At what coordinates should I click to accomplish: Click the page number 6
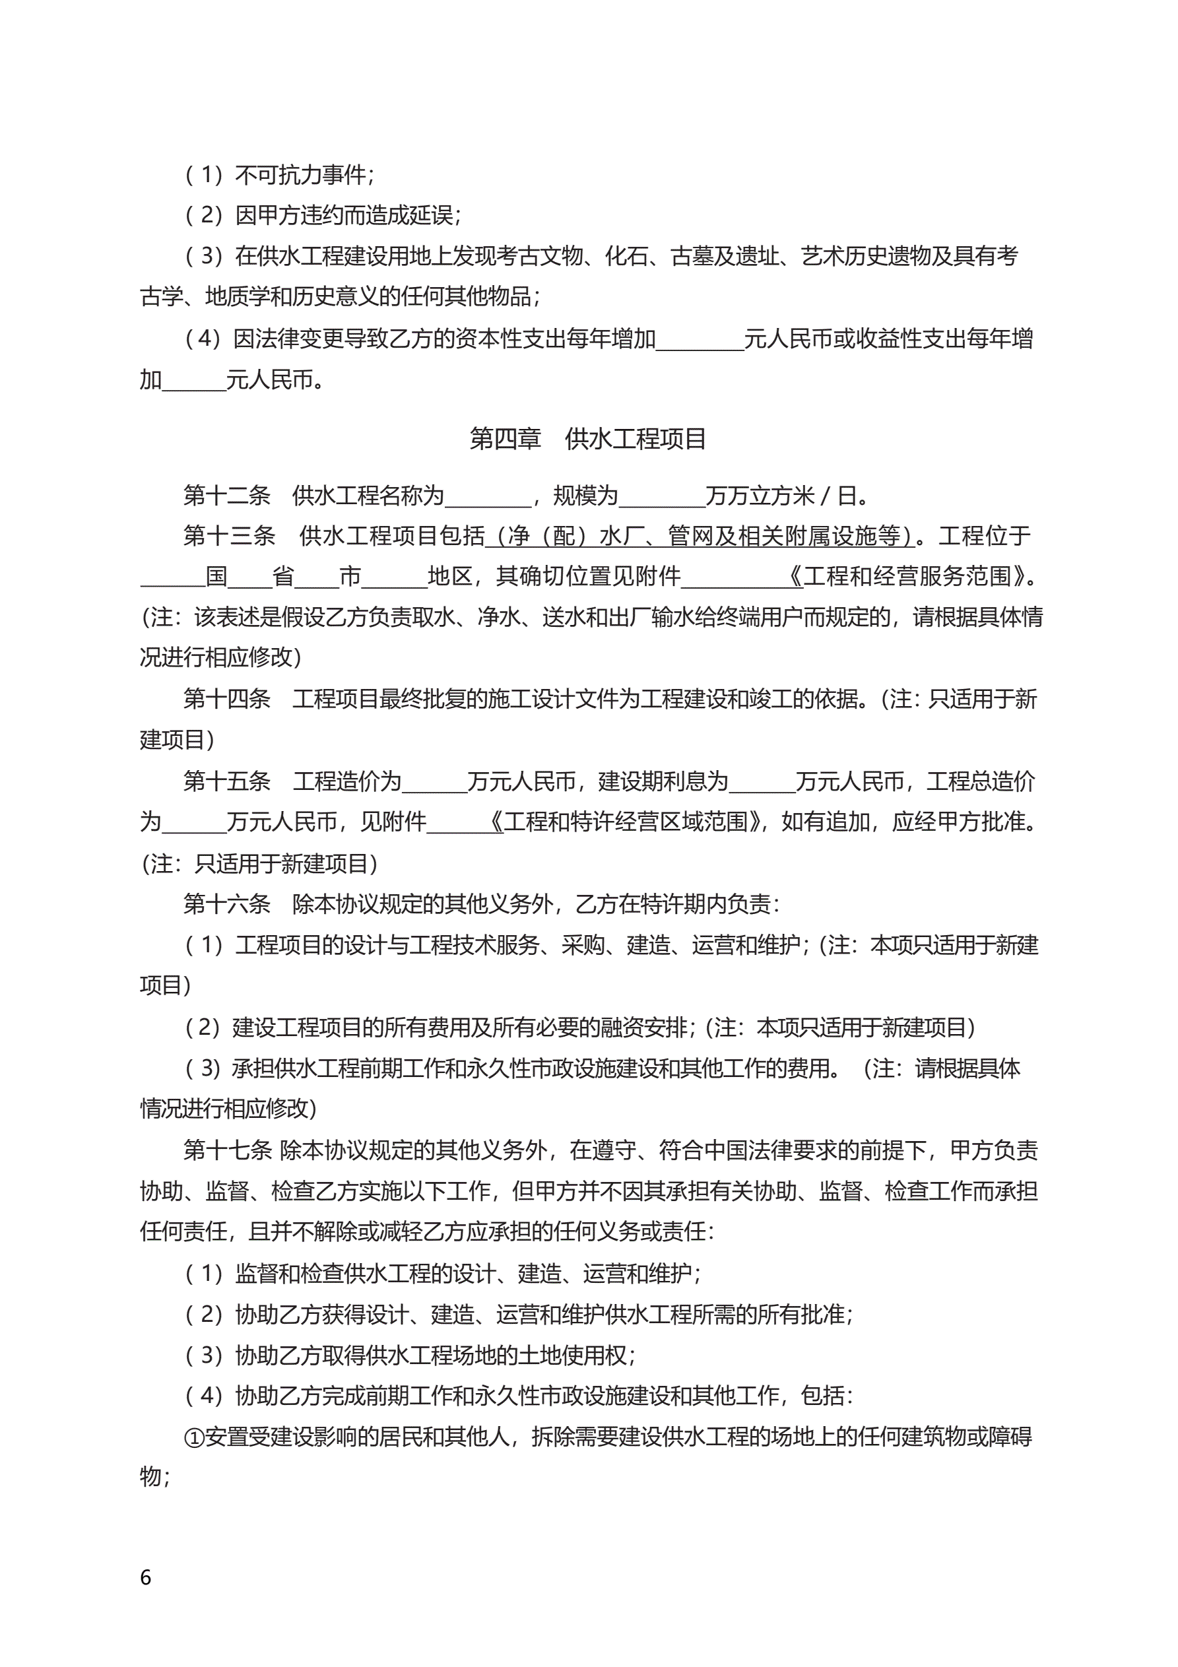pyautogui.click(x=145, y=1577)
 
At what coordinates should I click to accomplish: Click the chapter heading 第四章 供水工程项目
pyautogui.click(x=587, y=439)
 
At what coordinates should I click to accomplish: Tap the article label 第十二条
pyautogui.click(x=226, y=495)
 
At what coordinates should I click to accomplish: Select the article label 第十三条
pyautogui.click(x=230, y=536)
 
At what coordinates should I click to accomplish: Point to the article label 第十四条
pyautogui.click(x=226, y=698)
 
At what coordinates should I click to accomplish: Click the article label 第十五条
pyautogui.click(x=226, y=781)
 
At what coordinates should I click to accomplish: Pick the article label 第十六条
pyautogui.click(x=226, y=904)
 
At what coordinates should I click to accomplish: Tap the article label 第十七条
pyautogui.click(x=226, y=1150)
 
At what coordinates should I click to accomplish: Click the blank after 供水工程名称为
pyautogui.click(x=488, y=497)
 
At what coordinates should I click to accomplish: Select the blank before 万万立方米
pyautogui.click(x=662, y=497)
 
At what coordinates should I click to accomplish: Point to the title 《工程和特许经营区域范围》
pyautogui.click(x=629, y=822)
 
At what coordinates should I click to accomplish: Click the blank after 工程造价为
pyautogui.click(x=434, y=783)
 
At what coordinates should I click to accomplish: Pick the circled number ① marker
pyautogui.click(x=193, y=1437)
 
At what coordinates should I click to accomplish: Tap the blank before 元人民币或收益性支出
pyautogui.click(x=700, y=340)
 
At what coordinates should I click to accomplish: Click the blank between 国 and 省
pyautogui.click(x=250, y=578)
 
